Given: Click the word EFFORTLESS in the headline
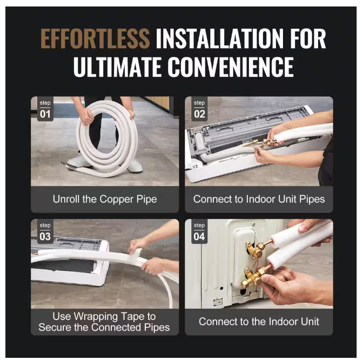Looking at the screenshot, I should pos(95,39).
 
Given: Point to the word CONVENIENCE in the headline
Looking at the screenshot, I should pos(231,67).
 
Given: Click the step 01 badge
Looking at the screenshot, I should pos(45,110).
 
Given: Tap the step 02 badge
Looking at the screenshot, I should pos(199,110).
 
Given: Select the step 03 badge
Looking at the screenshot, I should pos(45,232).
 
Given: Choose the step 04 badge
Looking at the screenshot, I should pos(199,232).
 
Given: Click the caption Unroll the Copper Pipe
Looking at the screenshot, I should pos(105,199).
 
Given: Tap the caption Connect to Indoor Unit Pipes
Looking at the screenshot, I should pos(259,199).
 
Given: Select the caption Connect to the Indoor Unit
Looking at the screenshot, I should pos(259,322).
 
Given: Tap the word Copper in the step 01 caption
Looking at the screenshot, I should pos(115,199).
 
